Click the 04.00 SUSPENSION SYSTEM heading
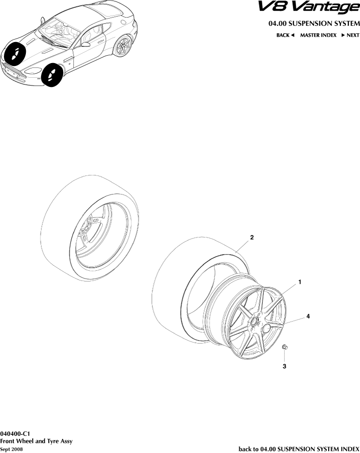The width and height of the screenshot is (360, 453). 314,23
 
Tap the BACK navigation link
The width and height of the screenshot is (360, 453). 285,35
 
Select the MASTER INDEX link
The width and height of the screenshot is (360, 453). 318,35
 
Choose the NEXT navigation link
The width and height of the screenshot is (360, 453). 350,35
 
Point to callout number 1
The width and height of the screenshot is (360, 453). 299,282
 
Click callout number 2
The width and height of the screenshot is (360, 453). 252,237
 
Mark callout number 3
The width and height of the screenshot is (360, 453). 285,366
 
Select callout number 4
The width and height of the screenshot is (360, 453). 308,316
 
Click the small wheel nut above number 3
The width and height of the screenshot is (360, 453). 285,347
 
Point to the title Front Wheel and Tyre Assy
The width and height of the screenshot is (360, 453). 36,441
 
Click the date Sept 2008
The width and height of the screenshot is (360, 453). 11,449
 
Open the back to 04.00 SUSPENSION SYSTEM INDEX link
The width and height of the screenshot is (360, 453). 298,449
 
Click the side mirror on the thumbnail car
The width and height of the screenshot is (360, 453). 86,44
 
